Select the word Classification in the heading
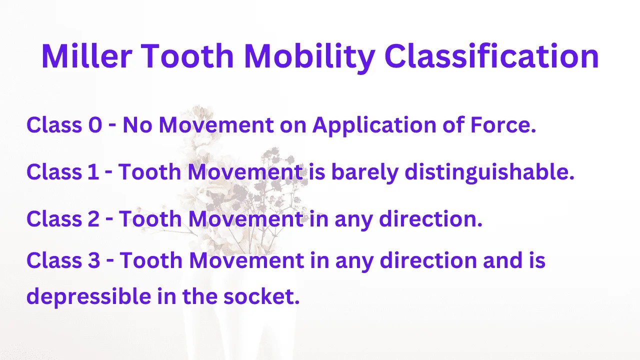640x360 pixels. pos(491,56)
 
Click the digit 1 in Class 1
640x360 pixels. pos(91,172)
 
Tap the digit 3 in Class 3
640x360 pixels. pos(93,260)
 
